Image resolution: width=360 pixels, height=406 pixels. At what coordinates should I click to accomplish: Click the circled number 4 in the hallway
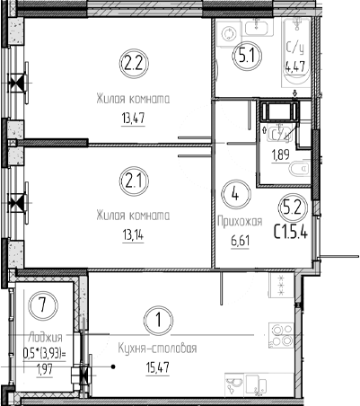pos(234,192)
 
